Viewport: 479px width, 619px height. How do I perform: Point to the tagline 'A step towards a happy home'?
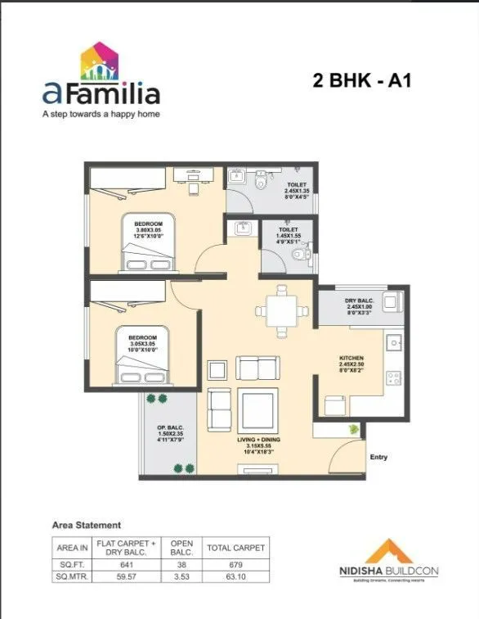coord(101,114)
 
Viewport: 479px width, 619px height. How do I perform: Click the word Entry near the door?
coord(379,457)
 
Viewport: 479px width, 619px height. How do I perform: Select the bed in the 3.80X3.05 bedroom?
coord(149,243)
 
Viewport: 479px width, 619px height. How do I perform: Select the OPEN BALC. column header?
coord(181,547)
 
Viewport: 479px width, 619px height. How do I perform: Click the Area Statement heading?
coord(87,524)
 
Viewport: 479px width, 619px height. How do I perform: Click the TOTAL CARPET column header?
coord(235,547)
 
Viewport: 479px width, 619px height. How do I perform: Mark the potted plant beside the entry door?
coord(353,429)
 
